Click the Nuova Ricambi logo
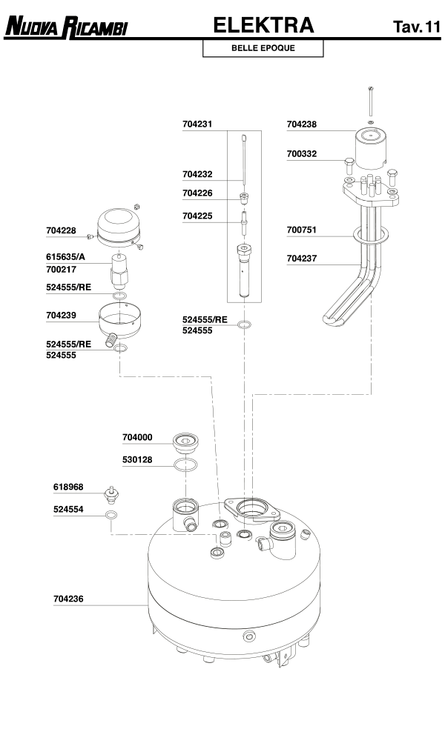66,28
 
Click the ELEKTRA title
263,26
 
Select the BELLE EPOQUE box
263,48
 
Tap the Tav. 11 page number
417,27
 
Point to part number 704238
302,125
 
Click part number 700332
302,154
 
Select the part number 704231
197,125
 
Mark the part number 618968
68,487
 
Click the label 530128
137,460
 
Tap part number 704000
137,437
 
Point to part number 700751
302,230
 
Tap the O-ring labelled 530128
185,465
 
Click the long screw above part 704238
369,101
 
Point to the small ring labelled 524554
111,515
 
